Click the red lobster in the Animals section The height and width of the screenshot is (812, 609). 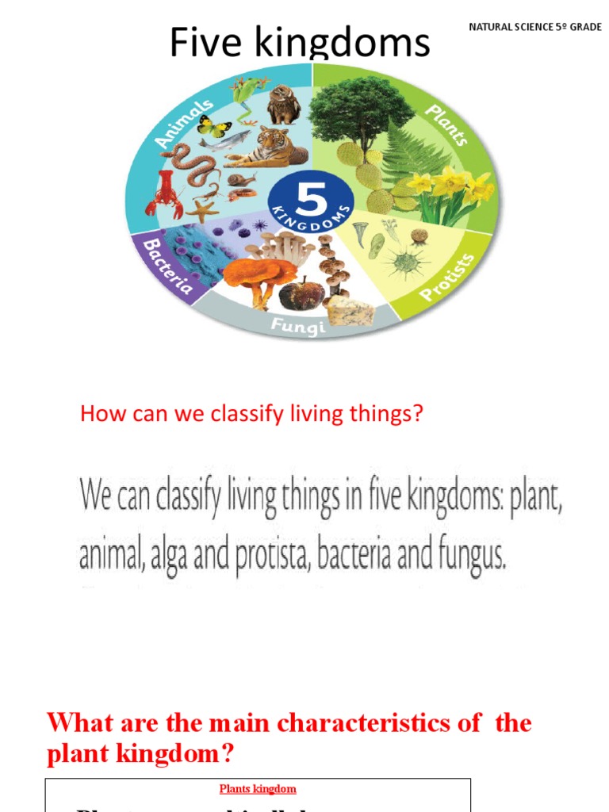(x=163, y=194)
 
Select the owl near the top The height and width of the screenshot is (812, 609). (x=282, y=105)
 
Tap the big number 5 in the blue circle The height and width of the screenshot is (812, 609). (x=310, y=194)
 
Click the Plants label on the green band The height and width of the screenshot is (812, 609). (x=447, y=124)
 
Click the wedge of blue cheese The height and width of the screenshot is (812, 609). (x=350, y=311)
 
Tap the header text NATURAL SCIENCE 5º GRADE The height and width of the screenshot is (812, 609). (x=535, y=27)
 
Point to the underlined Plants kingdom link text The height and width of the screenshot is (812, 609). (x=258, y=789)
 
